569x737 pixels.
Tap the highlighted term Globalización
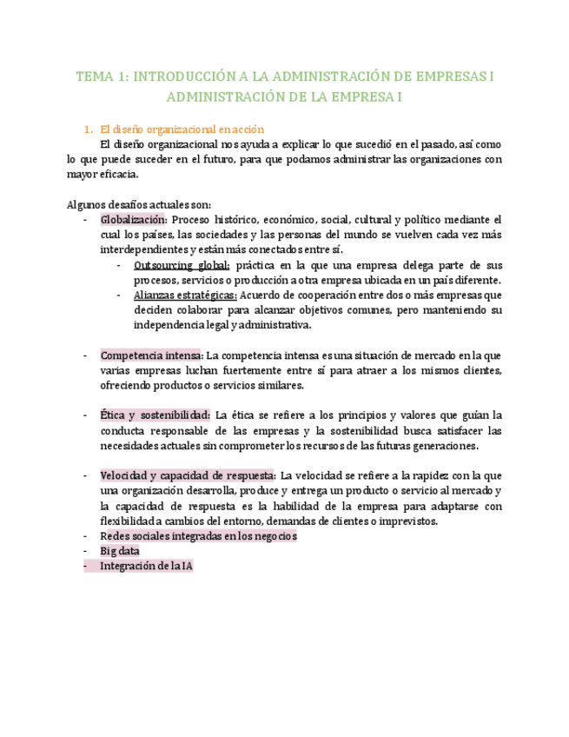133,220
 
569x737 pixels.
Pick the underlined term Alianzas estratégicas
185,295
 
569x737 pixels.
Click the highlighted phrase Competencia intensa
152,355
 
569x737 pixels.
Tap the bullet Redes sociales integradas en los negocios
198,536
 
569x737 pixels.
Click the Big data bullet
120,551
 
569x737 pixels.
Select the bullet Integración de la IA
146,566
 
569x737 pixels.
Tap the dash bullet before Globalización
85,220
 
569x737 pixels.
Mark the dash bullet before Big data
85,551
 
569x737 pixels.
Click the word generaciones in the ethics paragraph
440,445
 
